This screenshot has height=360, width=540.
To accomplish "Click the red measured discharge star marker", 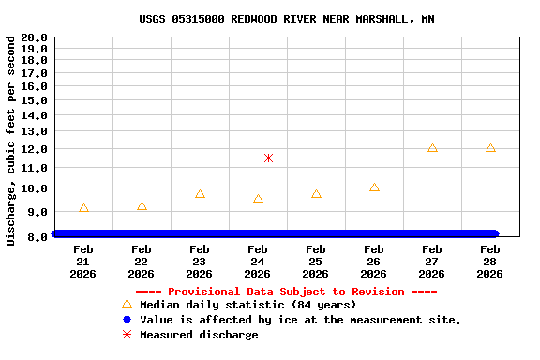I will point(268,158).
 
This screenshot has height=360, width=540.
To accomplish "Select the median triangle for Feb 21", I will point(83,208).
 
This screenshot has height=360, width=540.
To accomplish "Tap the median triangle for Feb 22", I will point(142,206).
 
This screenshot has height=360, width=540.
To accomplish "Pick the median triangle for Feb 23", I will point(200,194).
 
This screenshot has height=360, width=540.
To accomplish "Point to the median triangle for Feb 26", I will point(374,187).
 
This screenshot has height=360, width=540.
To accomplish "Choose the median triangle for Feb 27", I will point(432,148).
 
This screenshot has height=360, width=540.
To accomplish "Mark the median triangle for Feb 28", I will point(490,148).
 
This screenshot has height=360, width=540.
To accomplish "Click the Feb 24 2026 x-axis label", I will point(257,262).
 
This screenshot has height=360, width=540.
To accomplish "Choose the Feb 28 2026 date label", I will point(489,262).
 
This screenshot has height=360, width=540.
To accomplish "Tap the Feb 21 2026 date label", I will point(82,262).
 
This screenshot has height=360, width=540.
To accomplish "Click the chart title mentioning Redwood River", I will point(286,19).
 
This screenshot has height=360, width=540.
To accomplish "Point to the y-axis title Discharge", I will point(11,141).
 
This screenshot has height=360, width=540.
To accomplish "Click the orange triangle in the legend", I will point(127,304).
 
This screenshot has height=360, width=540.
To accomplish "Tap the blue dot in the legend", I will point(127,320).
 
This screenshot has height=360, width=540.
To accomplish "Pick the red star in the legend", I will point(127,335).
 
